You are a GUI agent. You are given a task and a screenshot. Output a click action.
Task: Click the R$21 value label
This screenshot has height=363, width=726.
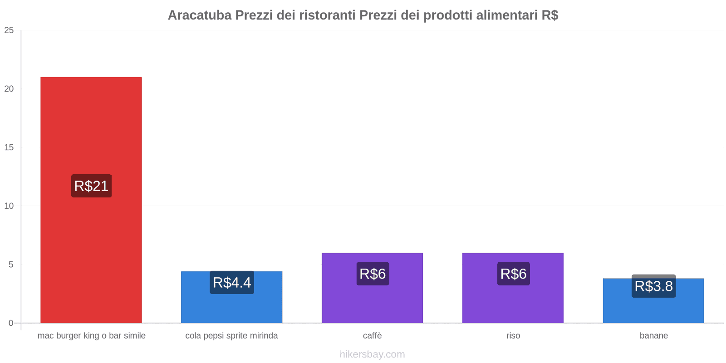(91, 186)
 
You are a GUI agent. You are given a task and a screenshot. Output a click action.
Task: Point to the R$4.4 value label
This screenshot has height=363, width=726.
(232, 283)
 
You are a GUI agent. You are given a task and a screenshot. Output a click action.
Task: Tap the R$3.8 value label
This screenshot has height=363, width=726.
(653, 286)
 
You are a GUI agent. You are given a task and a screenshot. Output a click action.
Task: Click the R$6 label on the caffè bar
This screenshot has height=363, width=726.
(373, 274)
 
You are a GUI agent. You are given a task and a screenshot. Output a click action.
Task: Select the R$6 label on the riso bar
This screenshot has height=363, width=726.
(513, 274)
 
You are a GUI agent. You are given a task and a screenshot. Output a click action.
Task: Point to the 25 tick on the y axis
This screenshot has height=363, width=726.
(9, 30)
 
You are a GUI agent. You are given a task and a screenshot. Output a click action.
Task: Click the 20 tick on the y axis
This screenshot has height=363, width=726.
(9, 89)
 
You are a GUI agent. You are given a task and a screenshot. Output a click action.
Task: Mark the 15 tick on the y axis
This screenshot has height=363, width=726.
(9, 147)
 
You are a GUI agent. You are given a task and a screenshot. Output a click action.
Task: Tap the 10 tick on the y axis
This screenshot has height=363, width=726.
(9, 206)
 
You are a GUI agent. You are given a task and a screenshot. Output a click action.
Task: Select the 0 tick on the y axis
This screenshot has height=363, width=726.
(11, 323)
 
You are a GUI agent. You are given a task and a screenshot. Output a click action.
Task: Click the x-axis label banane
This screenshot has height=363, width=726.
(653, 336)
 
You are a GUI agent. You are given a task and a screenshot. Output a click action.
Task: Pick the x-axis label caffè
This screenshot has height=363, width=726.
(372, 336)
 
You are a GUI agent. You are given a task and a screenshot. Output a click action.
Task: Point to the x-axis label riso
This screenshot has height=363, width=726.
(513, 336)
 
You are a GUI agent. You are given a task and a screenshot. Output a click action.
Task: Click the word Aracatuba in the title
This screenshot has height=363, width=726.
(199, 15)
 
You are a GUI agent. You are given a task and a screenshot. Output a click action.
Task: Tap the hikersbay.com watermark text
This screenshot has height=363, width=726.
(372, 354)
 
